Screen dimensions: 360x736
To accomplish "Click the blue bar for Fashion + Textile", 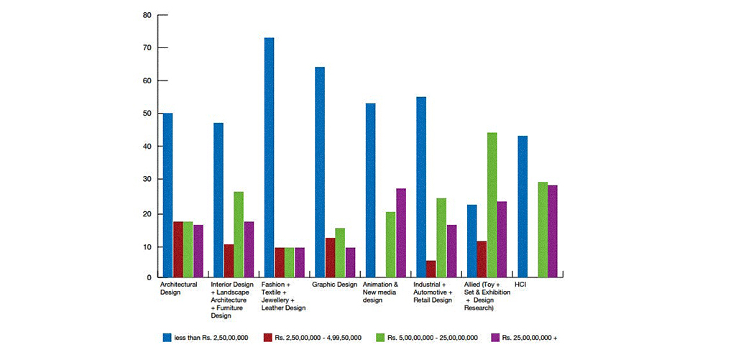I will [x=269, y=157].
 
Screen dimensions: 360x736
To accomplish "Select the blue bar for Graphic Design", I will [x=319, y=172].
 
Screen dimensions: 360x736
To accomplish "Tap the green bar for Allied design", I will [x=492, y=205].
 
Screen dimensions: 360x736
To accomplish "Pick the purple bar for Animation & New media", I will [x=401, y=233].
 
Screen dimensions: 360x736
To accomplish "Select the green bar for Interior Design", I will [x=239, y=234].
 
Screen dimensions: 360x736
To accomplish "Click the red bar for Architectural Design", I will [x=178, y=249].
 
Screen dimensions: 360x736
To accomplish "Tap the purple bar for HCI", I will [x=552, y=231].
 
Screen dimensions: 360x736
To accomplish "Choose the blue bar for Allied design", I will [x=471, y=241].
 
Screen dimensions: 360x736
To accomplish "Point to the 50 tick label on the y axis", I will [x=147, y=114].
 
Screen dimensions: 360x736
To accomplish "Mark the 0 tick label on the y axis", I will [x=149, y=277].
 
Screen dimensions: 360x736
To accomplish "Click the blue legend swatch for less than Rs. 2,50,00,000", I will [x=167, y=337].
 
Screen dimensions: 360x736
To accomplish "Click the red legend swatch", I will [x=267, y=337].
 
